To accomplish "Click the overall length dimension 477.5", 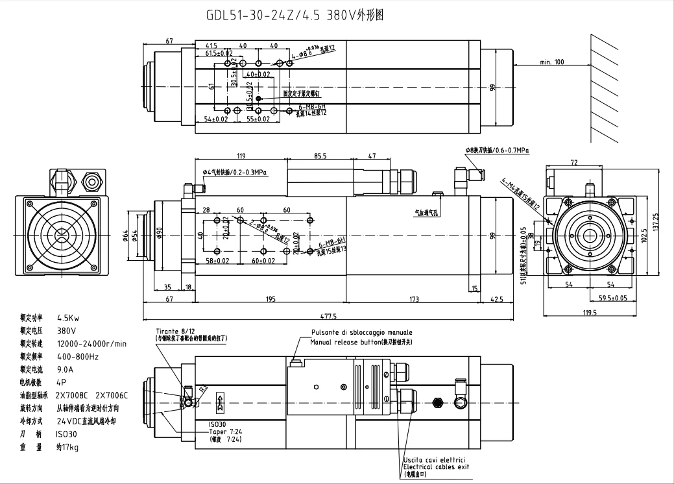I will pos(330,317).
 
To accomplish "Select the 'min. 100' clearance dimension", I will pos(551,62).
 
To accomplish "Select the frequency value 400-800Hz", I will pos(78,356).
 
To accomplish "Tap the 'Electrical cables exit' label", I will pos(435,466).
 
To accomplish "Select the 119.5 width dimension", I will pos(589,313).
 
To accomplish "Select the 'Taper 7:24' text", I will pos(226,431).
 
